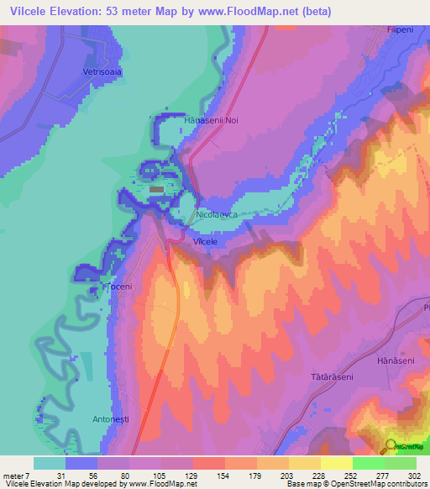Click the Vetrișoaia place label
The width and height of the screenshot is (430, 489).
coord(103,72)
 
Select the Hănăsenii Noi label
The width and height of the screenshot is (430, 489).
coord(212,121)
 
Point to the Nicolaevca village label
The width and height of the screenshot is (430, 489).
coord(217,215)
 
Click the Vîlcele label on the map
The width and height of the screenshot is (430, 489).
coord(206,241)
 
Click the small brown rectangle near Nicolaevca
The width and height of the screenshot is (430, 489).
coord(157,190)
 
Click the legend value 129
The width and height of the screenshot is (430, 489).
coord(192,476)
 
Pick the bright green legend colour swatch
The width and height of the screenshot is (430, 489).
coord(369,463)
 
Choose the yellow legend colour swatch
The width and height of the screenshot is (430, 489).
coord(337,463)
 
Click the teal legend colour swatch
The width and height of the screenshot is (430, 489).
coord(50,463)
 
